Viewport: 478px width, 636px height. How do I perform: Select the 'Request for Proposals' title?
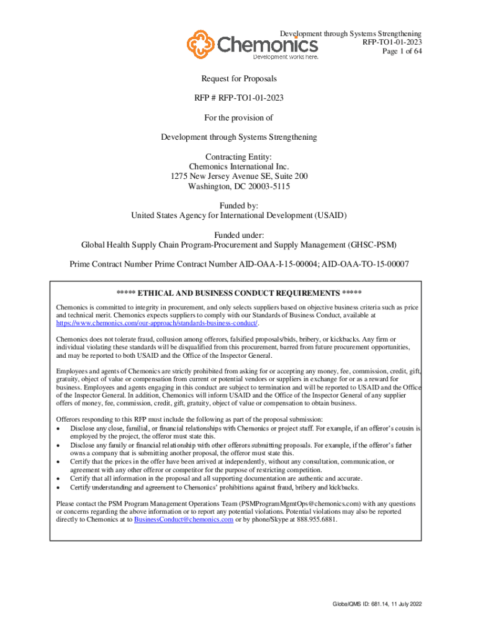[239, 79]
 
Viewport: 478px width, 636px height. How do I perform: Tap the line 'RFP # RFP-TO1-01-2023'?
[239, 99]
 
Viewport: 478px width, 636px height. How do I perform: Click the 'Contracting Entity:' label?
[239, 157]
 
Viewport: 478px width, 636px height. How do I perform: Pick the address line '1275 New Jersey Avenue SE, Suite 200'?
[239, 176]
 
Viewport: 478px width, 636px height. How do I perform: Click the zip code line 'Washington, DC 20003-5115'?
[239, 186]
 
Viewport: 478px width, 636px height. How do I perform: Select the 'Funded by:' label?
[239, 206]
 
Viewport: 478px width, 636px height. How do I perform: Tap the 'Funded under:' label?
[239, 235]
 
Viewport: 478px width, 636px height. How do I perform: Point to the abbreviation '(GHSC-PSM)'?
[374, 245]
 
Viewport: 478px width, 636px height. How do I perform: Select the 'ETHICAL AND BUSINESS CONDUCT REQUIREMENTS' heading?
[239, 293]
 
